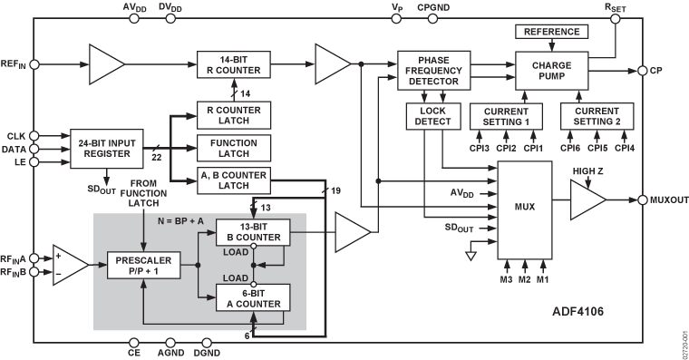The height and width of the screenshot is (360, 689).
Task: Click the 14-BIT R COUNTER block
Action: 235,64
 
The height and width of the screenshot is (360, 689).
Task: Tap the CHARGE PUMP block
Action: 551,70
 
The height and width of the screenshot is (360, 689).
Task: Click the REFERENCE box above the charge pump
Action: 551,33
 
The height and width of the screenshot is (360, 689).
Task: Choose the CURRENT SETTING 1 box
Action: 506,115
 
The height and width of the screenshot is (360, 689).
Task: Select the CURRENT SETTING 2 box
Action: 597,115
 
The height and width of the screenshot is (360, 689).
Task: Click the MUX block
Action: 524,207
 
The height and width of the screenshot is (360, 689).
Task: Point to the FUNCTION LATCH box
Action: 235,148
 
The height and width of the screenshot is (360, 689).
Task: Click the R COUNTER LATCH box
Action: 235,115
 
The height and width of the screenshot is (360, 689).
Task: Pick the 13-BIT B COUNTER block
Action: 252,231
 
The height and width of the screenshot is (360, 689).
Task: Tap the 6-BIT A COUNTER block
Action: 252,297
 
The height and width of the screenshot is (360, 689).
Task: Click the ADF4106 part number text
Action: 578,310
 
